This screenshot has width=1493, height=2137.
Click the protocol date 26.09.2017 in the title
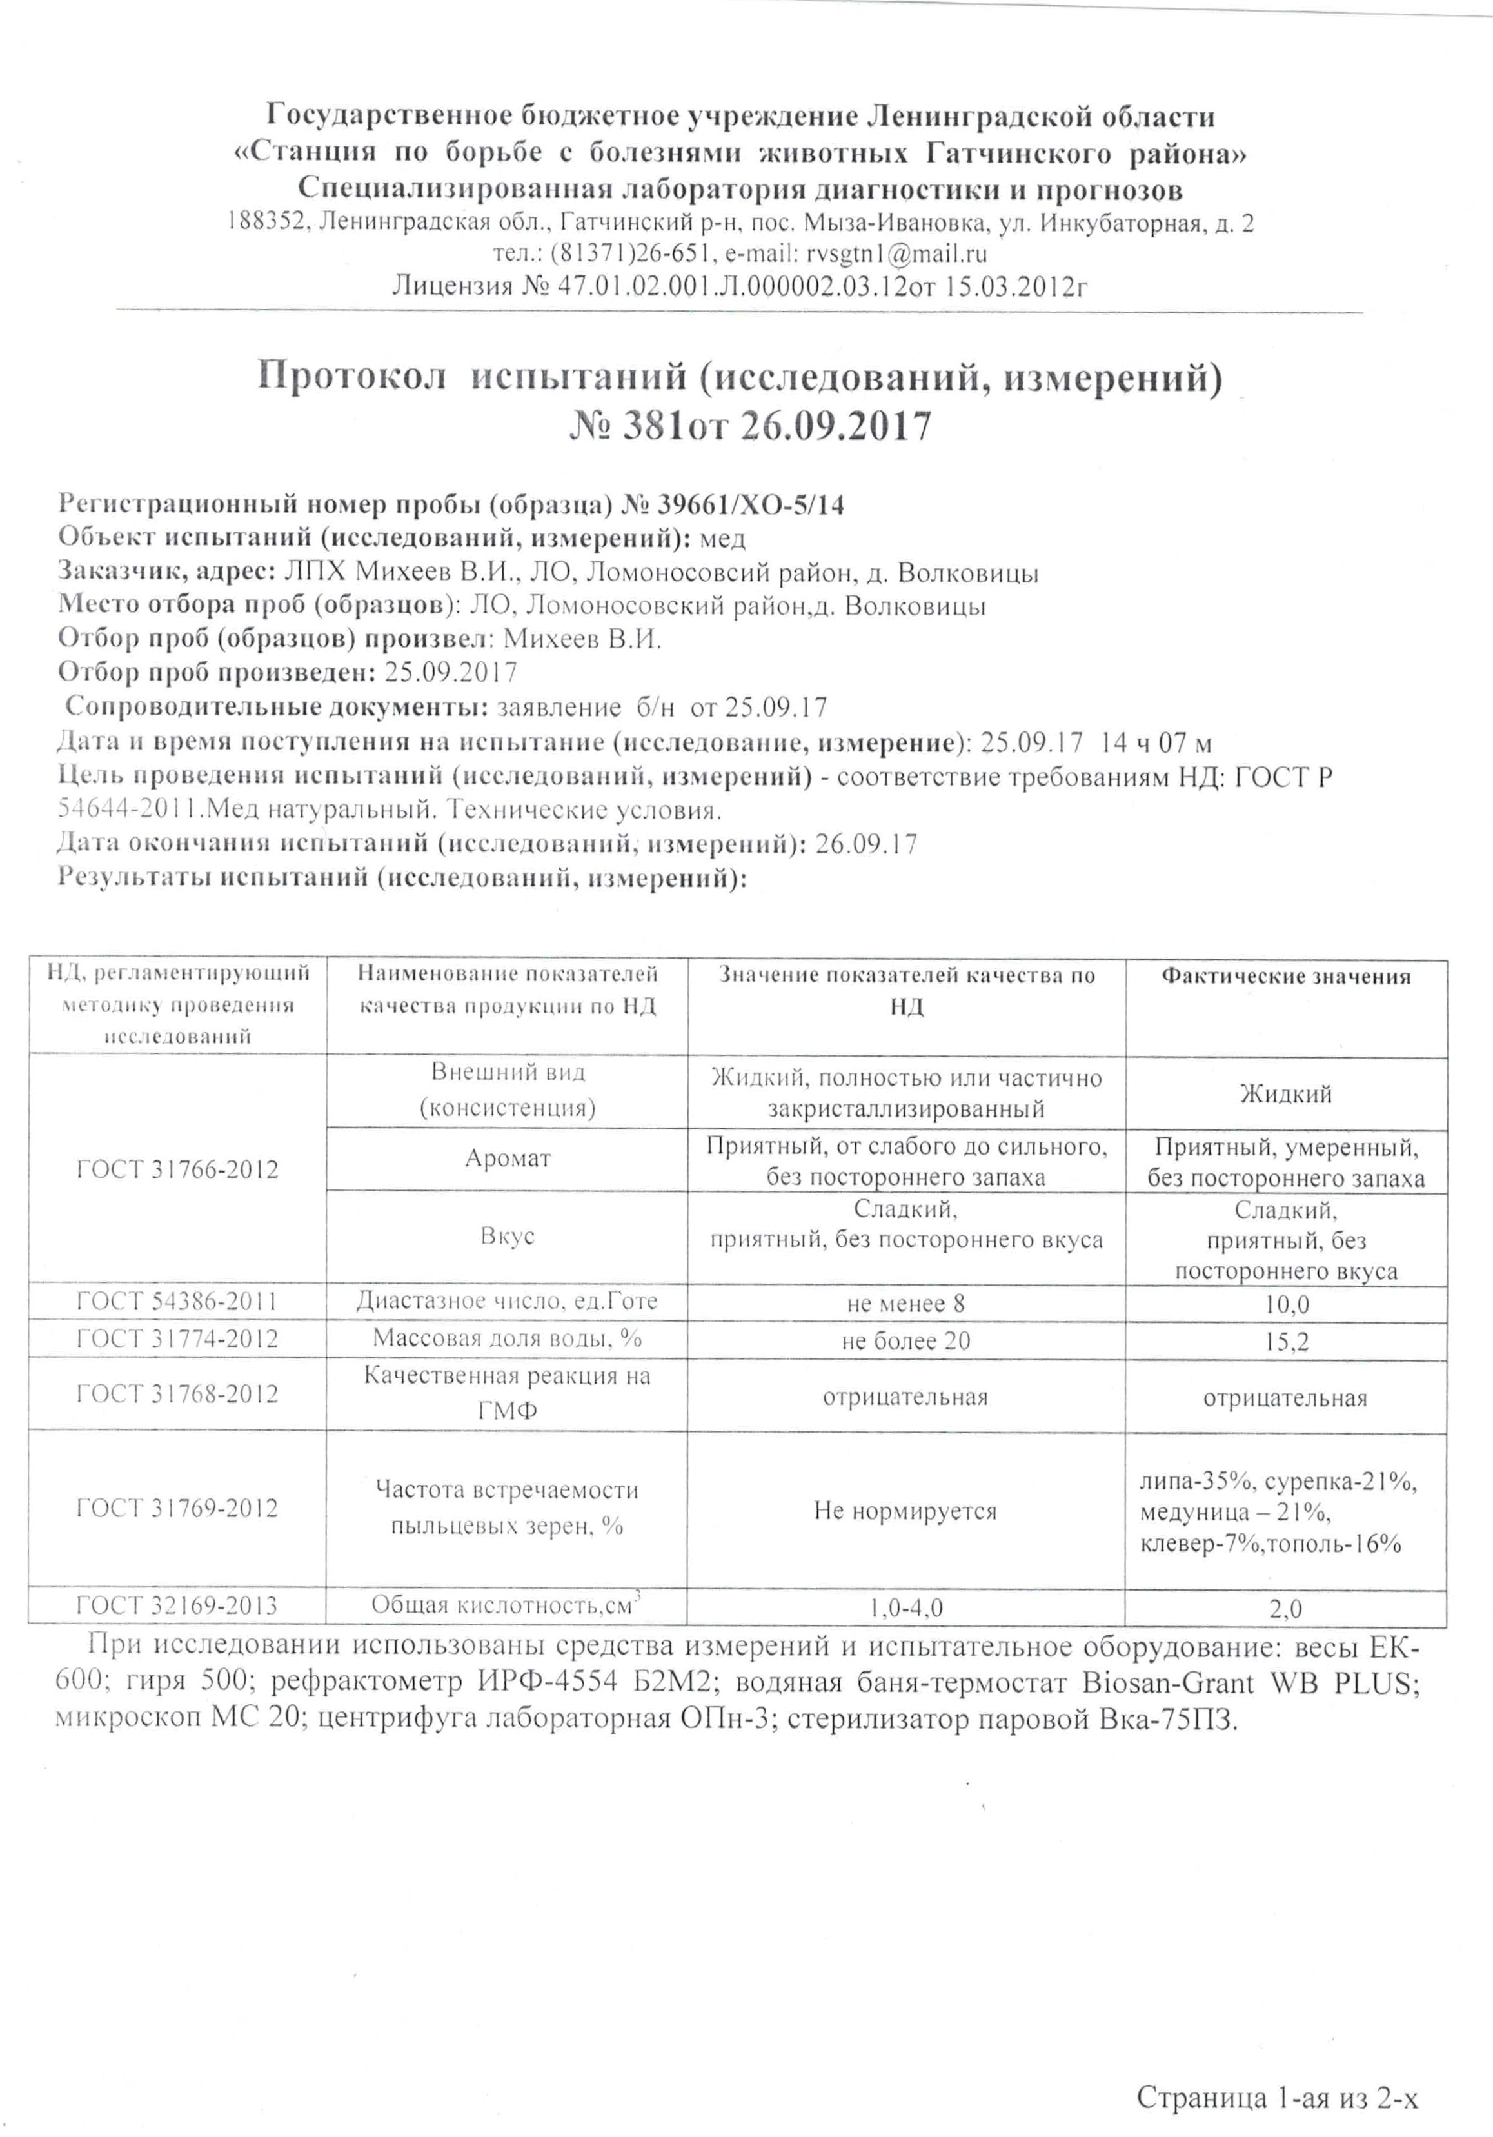[x=835, y=427]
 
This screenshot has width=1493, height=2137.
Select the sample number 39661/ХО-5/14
[x=751, y=504]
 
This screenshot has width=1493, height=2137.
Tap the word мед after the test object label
[x=722, y=539]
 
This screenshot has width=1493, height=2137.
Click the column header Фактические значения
[x=1285, y=977]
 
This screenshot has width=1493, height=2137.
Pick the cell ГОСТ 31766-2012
[x=177, y=1169]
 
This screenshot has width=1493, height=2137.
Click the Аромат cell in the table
[x=508, y=1158]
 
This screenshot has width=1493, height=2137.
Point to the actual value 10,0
[x=1285, y=1304]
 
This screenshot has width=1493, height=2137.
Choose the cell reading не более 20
[x=905, y=1341]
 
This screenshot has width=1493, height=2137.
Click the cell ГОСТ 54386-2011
[x=177, y=1301]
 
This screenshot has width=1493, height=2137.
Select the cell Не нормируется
[x=905, y=1511]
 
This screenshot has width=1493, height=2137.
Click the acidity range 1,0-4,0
[x=905, y=1608]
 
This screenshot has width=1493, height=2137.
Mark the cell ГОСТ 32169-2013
[x=177, y=1605]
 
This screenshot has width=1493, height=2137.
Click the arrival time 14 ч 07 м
[x=1155, y=742]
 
